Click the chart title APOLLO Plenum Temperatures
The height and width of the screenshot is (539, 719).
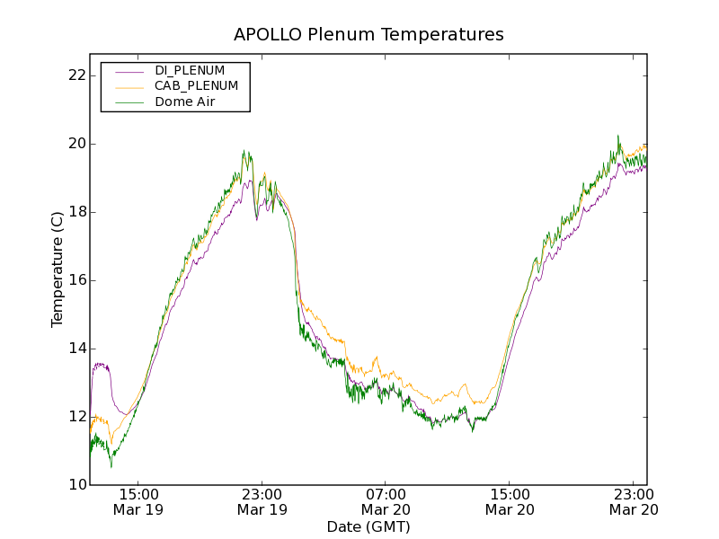pyautogui.click(x=368, y=35)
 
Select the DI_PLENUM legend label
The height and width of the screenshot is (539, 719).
pyautogui.click(x=190, y=70)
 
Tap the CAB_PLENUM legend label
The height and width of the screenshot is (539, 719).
pyautogui.click(x=196, y=86)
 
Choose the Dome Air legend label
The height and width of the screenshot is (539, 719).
pyautogui.click(x=185, y=102)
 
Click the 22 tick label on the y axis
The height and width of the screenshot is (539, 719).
pyautogui.click(x=76, y=75)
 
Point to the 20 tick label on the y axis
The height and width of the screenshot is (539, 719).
pyautogui.click(x=76, y=144)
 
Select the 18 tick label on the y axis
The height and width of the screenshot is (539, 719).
pyautogui.click(x=76, y=212)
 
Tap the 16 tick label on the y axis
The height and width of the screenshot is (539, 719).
pyautogui.click(x=76, y=280)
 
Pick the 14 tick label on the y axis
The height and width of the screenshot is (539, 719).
pyautogui.click(x=76, y=349)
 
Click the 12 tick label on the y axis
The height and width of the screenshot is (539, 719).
pyautogui.click(x=76, y=417)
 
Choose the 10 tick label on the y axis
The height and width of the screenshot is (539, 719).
pyautogui.click(x=76, y=485)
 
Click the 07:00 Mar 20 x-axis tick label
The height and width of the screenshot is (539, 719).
pyautogui.click(x=386, y=501)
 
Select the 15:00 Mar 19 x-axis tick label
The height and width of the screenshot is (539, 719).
pyautogui.click(x=138, y=501)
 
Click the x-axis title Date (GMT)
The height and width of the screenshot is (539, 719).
pyautogui.click(x=368, y=526)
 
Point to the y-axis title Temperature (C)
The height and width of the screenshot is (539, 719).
pyautogui.click(x=58, y=269)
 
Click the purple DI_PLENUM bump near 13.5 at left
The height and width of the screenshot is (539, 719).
pyautogui.click(x=101, y=365)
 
